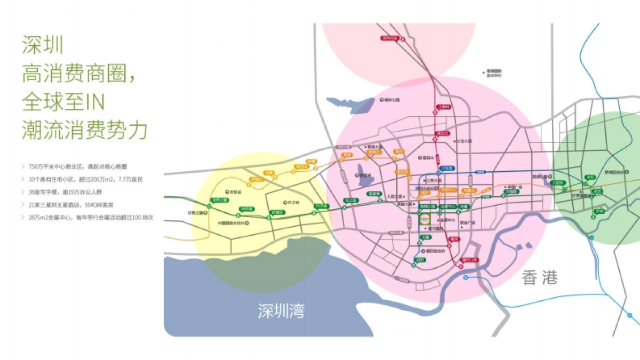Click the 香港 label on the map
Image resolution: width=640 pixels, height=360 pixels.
[540, 278]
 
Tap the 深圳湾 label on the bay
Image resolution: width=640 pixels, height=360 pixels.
[281, 310]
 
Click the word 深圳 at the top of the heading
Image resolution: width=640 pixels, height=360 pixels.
[43, 45]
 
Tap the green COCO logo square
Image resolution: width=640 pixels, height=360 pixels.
[425, 220]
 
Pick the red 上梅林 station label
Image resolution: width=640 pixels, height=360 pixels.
[443, 107]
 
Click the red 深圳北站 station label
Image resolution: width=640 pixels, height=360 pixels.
[390, 38]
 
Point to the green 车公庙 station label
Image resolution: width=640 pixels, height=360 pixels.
[350, 201]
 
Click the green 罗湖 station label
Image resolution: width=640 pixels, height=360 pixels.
[600, 211]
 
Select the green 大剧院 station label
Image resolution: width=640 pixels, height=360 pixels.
[557, 182]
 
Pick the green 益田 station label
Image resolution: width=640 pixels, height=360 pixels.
[420, 260]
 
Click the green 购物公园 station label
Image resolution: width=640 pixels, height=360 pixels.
[425, 206]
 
